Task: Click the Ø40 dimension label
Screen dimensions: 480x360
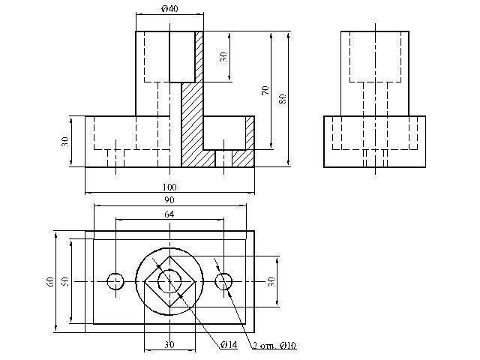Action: [x=169, y=8]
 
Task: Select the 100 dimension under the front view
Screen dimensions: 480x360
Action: [x=169, y=186]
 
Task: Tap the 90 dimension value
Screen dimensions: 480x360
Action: [x=169, y=199]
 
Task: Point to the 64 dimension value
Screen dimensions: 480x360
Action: [x=169, y=214]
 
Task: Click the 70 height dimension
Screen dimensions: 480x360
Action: [x=265, y=90]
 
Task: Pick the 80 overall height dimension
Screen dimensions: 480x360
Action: [x=282, y=98]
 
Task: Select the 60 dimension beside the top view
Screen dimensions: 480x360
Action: [x=49, y=281]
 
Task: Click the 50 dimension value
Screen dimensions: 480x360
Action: [x=64, y=281]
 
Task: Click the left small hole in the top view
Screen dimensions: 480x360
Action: [x=115, y=281]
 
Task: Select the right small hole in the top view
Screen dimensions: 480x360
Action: [x=223, y=281]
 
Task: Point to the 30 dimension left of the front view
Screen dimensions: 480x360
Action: [x=65, y=141]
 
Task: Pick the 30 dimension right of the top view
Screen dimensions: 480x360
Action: [x=272, y=281]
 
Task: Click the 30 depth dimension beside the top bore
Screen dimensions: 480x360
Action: [x=223, y=57]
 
